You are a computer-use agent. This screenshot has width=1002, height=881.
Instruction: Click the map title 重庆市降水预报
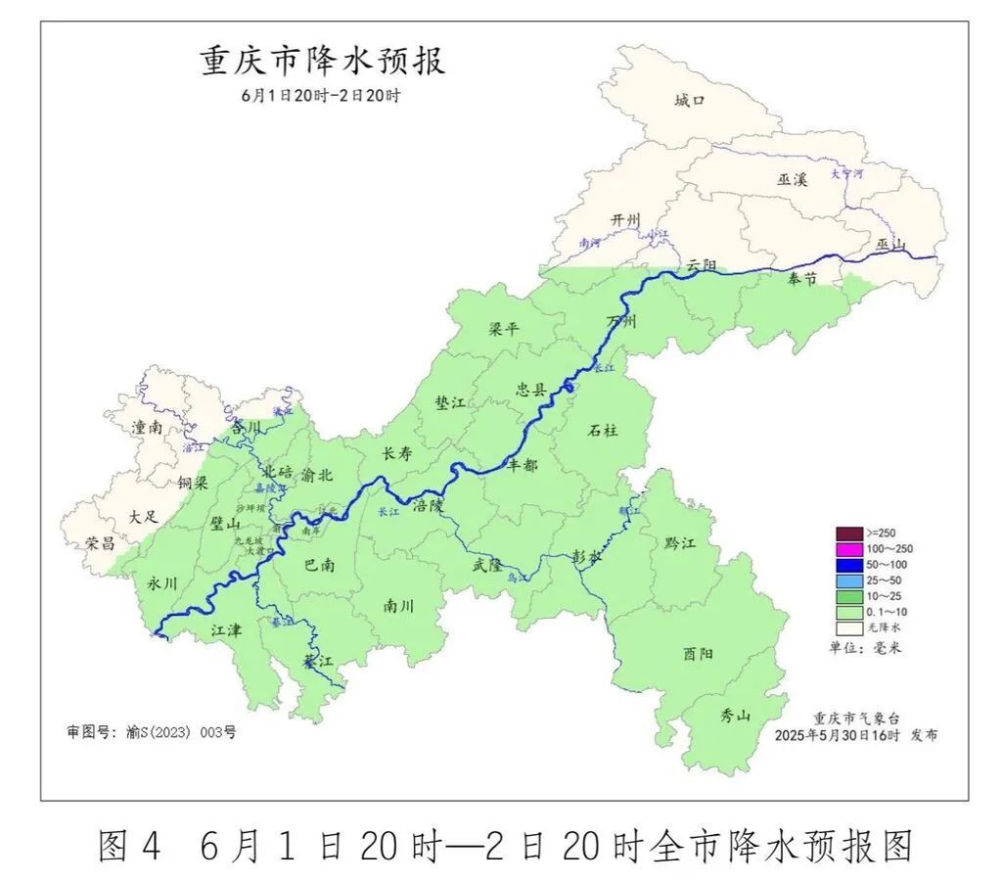pyautogui.click(x=323, y=61)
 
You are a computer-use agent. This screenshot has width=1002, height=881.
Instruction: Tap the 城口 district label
pyautogui.click(x=689, y=100)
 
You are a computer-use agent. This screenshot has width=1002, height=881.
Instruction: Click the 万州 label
pyautogui.click(x=621, y=321)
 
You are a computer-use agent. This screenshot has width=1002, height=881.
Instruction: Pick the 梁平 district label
pyautogui.click(x=504, y=329)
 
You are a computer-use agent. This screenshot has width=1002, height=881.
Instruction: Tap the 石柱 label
pyautogui.click(x=603, y=429)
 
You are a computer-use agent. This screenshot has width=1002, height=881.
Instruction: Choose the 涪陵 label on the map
pyautogui.click(x=428, y=506)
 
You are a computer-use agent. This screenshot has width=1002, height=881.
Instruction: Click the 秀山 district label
pyautogui.click(x=735, y=716)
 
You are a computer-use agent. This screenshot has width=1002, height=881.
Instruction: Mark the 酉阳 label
pyautogui.click(x=698, y=653)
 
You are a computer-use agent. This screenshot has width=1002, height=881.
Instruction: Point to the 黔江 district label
pyautogui.click(x=679, y=542)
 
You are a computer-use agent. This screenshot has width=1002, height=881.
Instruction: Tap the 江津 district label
pyautogui.click(x=226, y=631)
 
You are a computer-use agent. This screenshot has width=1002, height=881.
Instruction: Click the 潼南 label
pyautogui.click(x=148, y=428)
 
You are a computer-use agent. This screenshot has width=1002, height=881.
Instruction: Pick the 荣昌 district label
pyautogui.click(x=100, y=542)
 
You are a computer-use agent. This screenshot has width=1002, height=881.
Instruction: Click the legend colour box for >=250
pyautogui.click(x=848, y=533)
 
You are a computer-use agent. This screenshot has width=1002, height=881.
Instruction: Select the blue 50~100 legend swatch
pyautogui.click(x=848, y=564)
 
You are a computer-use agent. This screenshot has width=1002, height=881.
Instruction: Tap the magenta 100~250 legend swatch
pyautogui.click(x=848, y=548)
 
